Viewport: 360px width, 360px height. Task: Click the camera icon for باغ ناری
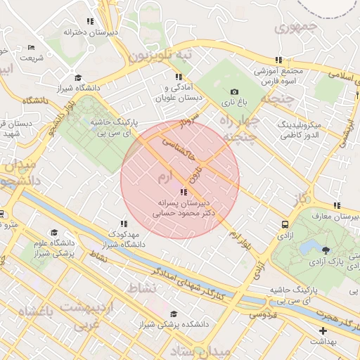coord(234,92)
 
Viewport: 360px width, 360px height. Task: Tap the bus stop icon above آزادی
coord(285,225)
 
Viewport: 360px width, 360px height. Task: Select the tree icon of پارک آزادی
coord(325,250)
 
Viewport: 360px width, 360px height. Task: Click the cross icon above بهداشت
coord(323,330)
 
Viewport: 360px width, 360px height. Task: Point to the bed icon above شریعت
coord(31,48)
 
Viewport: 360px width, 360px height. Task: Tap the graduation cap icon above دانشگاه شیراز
coord(78,77)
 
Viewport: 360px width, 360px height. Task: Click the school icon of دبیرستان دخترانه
coord(89,22)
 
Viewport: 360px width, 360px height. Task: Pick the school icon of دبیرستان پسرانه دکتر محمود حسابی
coord(184,191)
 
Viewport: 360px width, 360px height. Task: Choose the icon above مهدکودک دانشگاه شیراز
coord(124,224)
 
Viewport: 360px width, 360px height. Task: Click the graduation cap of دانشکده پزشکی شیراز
coord(174,314)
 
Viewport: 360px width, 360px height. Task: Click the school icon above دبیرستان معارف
coord(337,205)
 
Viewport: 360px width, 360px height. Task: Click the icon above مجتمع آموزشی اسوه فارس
coord(279,60)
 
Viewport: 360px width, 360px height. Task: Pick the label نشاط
coord(141,288)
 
